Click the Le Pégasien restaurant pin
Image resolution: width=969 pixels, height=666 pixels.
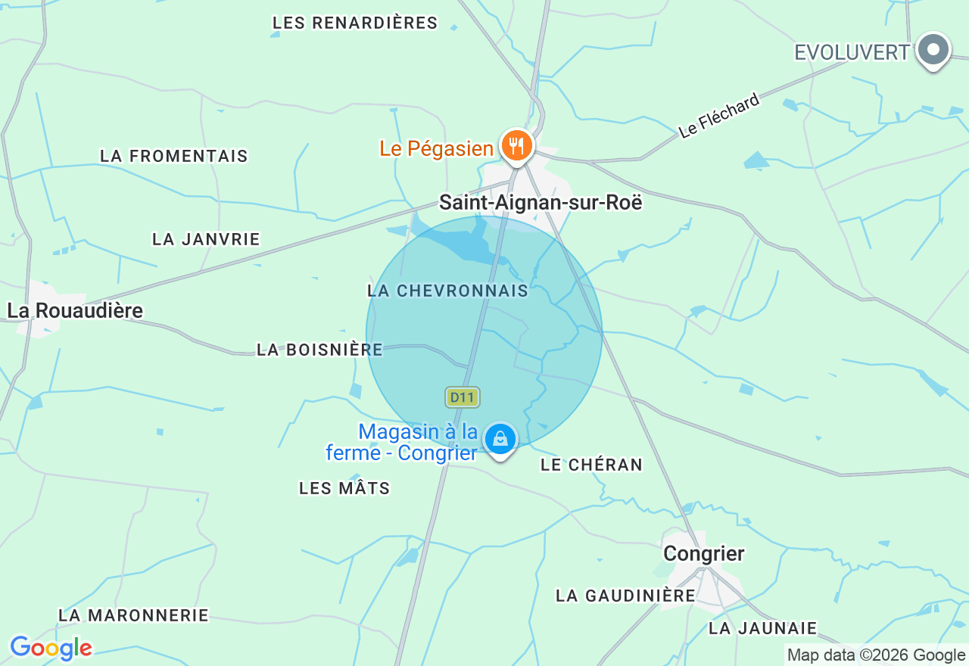pos(517,145)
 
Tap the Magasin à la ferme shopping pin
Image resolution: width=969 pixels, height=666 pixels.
pos(500,439)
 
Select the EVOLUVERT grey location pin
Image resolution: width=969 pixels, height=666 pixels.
pos(933,51)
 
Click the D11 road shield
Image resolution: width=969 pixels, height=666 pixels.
pos(463,397)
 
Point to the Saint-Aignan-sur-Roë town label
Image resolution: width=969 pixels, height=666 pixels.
pos(541,202)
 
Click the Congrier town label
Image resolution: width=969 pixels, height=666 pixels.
pos(704,553)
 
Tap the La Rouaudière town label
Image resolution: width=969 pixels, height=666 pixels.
pos(75,310)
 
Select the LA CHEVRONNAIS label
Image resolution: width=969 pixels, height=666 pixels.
pos(447,291)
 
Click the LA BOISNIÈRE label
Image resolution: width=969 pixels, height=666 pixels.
pos(319,350)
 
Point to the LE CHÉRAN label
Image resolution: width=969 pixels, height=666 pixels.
pos(591,465)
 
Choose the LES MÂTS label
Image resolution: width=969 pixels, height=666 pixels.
pos(344,488)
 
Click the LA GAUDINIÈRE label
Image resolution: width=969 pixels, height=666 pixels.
pos(625,596)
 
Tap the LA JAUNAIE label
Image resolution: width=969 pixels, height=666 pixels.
pos(763,628)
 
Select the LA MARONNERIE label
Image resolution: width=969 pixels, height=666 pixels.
pos(133,615)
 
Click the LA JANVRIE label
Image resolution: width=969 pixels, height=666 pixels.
pos(206,239)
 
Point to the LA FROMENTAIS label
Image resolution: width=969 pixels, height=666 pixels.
pos(174,156)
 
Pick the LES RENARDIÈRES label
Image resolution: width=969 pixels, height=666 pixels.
pos(355,23)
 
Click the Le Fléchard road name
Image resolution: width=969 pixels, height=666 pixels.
pos(719,116)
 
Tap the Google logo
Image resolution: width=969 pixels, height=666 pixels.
pos(51,648)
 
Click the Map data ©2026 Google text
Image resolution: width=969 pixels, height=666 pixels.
pos(876,655)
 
